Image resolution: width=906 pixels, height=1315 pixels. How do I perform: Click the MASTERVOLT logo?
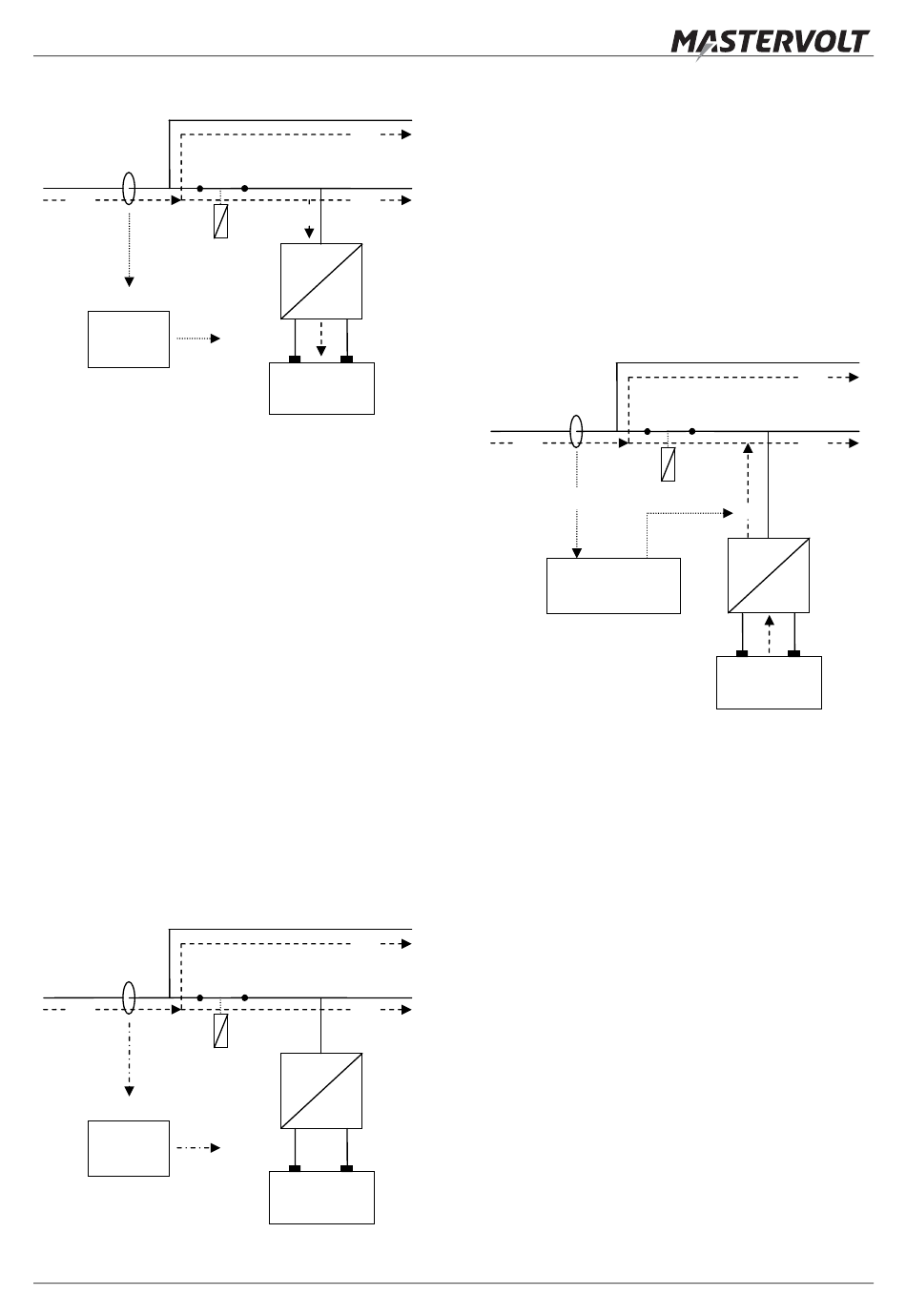click(x=770, y=44)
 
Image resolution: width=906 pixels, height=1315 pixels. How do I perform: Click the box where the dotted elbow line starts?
click(x=613, y=586)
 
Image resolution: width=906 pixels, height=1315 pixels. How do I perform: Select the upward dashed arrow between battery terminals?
click(x=770, y=634)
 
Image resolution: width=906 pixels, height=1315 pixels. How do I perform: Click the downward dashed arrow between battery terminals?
click(x=320, y=339)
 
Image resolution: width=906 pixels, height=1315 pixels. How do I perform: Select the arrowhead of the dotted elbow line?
click(x=728, y=513)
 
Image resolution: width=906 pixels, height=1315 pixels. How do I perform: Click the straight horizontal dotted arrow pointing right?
click(x=198, y=339)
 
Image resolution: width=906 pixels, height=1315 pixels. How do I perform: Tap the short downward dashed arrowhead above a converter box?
click(x=309, y=233)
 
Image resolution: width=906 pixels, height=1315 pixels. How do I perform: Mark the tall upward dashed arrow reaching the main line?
click(x=748, y=490)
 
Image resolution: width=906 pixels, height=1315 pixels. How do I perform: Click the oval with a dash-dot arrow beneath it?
click(x=129, y=997)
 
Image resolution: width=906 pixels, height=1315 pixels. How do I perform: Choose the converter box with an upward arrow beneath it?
click(x=768, y=575)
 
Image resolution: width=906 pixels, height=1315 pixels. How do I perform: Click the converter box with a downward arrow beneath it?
click(x=321, y=281)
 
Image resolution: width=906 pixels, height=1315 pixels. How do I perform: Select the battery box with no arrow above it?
click(x=321, y=1198)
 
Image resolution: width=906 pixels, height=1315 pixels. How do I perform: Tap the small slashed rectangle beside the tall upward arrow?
click(x=668, y=464)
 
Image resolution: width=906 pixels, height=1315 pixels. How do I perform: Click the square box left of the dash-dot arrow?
click(x=129, y=1148)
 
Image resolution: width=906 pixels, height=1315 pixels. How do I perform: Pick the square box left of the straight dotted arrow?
click(x=129, y=339)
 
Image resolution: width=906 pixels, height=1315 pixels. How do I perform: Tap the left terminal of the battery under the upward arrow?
click(x=742, y=653)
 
